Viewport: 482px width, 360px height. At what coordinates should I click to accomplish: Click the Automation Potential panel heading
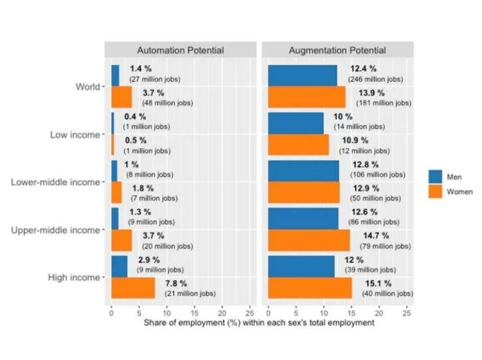click(180, 50)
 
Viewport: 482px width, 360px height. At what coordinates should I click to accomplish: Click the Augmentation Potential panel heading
click(337, 50)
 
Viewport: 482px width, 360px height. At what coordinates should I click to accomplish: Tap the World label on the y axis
click(87, 86)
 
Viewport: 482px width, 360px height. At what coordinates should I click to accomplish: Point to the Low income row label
click(75, 134)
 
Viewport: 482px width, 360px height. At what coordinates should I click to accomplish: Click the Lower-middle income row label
click(55, 182)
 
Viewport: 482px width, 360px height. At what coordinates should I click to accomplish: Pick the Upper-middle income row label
click(55, 230)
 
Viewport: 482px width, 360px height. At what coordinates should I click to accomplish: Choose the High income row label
click(75, 278)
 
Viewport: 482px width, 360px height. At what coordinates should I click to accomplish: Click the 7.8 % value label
click(176, 283)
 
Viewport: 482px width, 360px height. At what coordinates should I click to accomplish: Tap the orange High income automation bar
click(133, 289)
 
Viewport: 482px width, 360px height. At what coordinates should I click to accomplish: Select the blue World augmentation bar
click(301, 75)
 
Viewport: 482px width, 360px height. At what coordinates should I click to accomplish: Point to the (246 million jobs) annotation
click(375, 79)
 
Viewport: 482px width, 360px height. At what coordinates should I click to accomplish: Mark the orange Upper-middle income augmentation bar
click(308, 240)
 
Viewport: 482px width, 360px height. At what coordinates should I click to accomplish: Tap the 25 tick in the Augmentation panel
click(406, 312)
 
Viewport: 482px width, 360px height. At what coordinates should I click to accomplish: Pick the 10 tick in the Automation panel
click(166, 312)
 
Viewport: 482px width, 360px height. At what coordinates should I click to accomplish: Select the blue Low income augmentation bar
click(295, 122)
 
